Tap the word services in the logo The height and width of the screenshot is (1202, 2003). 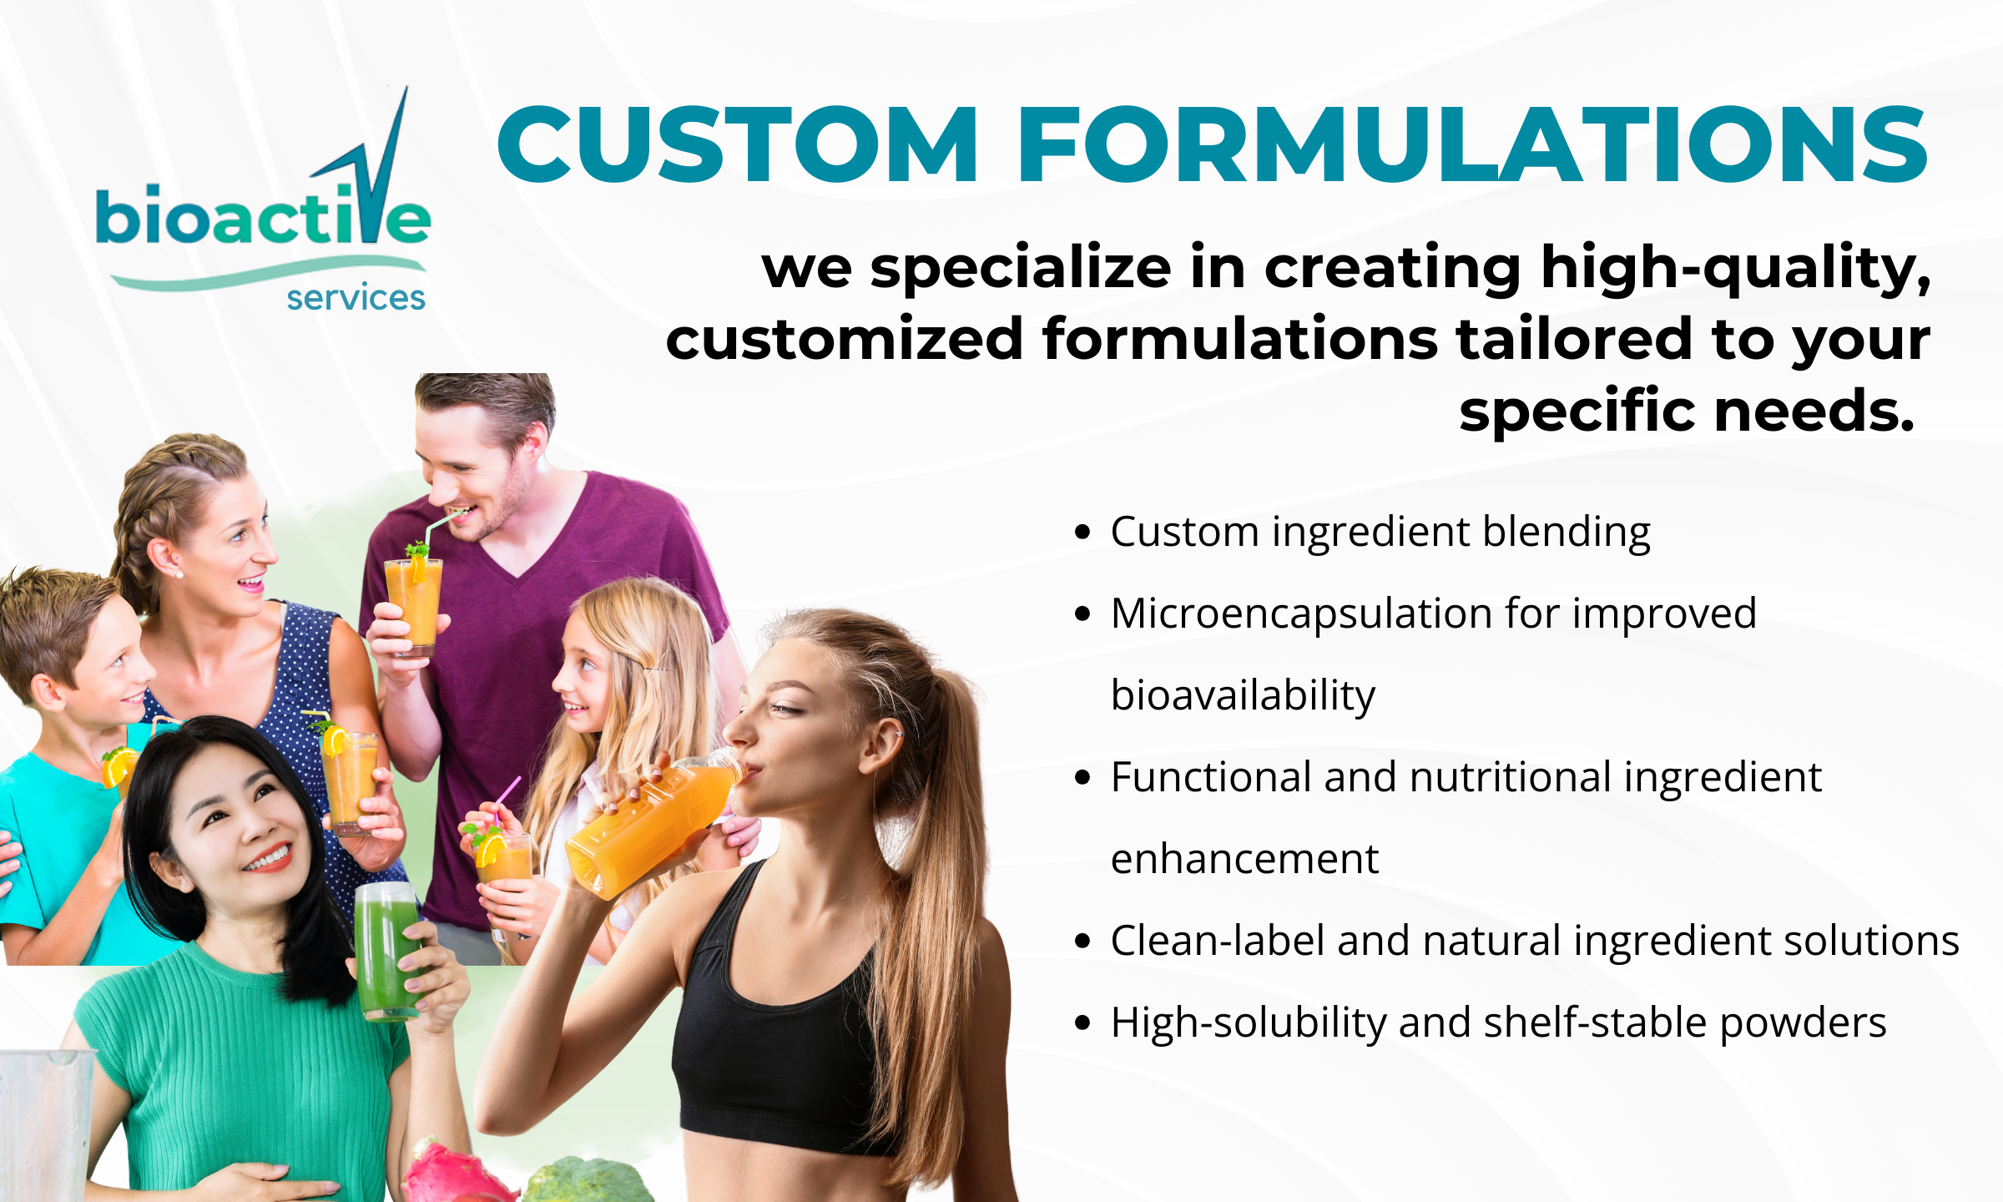click(x=356, y=297)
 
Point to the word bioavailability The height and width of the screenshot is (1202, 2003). click(x=1243, y=695)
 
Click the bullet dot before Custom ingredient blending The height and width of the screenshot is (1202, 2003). click(x=1083, y=533)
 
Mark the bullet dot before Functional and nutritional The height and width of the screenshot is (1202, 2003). click(x=1083, y=778)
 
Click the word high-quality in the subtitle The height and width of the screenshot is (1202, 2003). click(x=1736, y=270)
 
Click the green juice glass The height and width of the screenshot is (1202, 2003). click(x=388, y=952)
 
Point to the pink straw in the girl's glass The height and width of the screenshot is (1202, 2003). click(x=507, y=800)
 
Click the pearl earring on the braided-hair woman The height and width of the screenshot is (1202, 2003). click(x=179, y=574)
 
